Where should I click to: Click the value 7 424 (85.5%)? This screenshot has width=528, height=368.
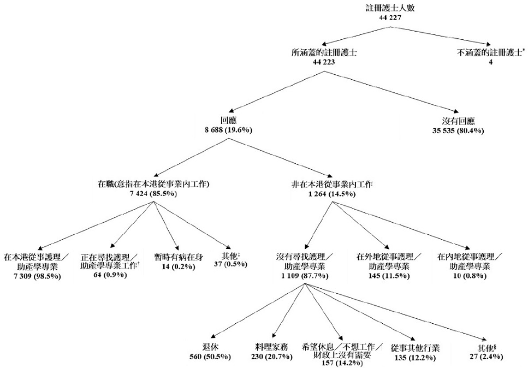pos(155,194)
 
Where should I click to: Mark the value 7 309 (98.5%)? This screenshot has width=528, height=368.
pos(33,276)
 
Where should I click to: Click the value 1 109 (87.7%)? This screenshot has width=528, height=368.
pos(305,276)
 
